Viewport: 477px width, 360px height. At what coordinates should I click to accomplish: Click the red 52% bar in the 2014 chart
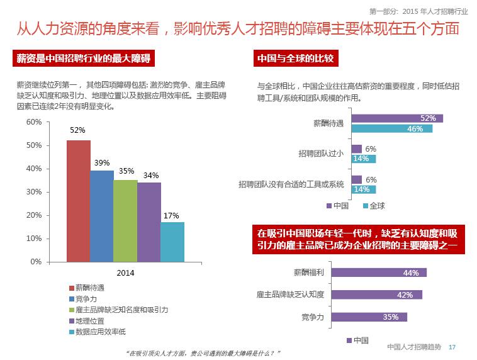pyautogui.click(x=78, y=200)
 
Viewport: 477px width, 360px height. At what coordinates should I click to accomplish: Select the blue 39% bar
pyautogui.click(x=101, y=215)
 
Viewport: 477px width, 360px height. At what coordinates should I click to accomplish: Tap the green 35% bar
pyautogui.click(x=125, y=220)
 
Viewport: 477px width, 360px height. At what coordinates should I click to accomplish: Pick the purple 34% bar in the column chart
pyautogui.click(x=149, y=222)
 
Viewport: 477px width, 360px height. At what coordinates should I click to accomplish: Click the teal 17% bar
pyautogui.click(x=172, y=242)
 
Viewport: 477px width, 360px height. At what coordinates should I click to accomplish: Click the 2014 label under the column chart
pyautogui.click(x=125, y=273)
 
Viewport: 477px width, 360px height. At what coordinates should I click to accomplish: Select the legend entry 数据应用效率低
pyautogui.click(x=100, y=332)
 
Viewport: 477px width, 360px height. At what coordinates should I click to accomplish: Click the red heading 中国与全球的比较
pyautogui.click(x=295, y=59)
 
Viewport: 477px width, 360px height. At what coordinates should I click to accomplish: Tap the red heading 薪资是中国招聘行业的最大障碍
pyautogui.click(x=84, y=59)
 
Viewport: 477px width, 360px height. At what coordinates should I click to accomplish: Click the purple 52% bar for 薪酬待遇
pyautogui.click(x=396, y=118)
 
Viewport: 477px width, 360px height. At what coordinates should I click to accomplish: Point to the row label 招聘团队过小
pyautogui.click(x=321, y=154)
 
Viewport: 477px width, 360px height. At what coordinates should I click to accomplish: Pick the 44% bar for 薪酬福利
pyautogui.click(x=378, y=273)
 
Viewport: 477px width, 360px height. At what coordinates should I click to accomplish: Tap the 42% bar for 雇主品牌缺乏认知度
pyautogui.click(x=376, y=295)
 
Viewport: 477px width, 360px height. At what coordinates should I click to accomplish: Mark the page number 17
pyautogui.click(x=451, y=347)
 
